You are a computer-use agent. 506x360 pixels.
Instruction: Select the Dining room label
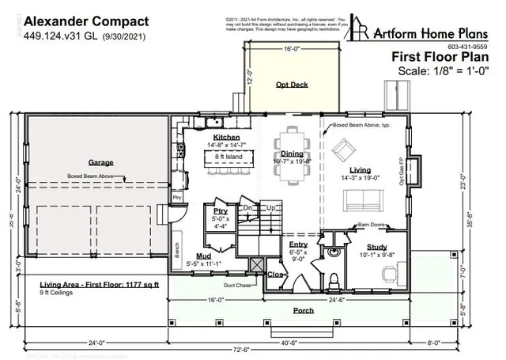292,154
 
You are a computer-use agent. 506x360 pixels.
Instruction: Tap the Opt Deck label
292,85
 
